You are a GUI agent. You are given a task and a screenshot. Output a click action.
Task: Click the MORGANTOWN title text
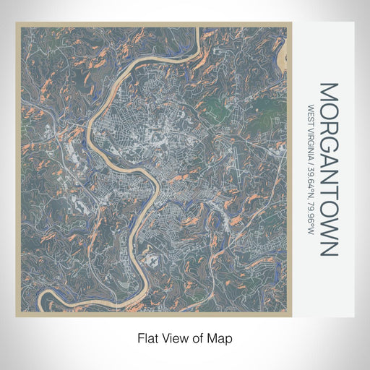pyautogui.click(x=327, y=170)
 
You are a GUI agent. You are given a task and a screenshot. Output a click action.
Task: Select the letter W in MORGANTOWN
pyautogui.click(x=327, y=228)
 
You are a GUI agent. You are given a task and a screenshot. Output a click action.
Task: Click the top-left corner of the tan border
pyautogui.click(x=17, y=25)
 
